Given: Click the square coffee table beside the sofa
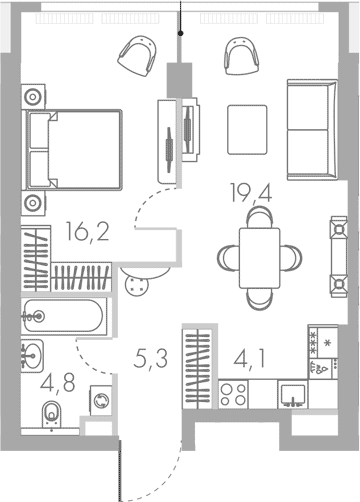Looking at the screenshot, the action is pos(247,127).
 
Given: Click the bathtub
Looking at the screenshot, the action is pos(61,317).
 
